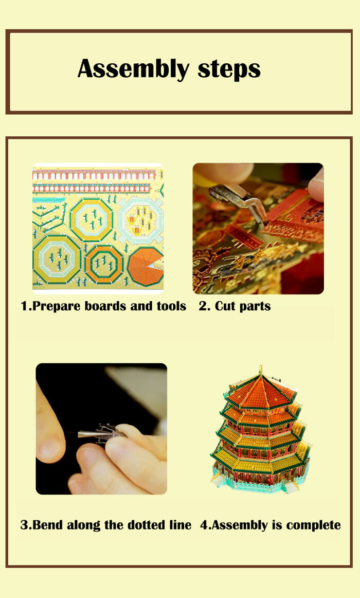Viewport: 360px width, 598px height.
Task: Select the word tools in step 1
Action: tap(172, 306)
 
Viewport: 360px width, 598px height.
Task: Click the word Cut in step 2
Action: tap(225, 306)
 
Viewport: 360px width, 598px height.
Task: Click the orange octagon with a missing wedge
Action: tap(146, 266)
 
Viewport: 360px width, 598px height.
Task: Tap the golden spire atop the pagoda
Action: tap(261, 369)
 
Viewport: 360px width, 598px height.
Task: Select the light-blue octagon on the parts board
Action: tap(137, 219)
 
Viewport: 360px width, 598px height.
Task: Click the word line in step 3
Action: tap(181, 525)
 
